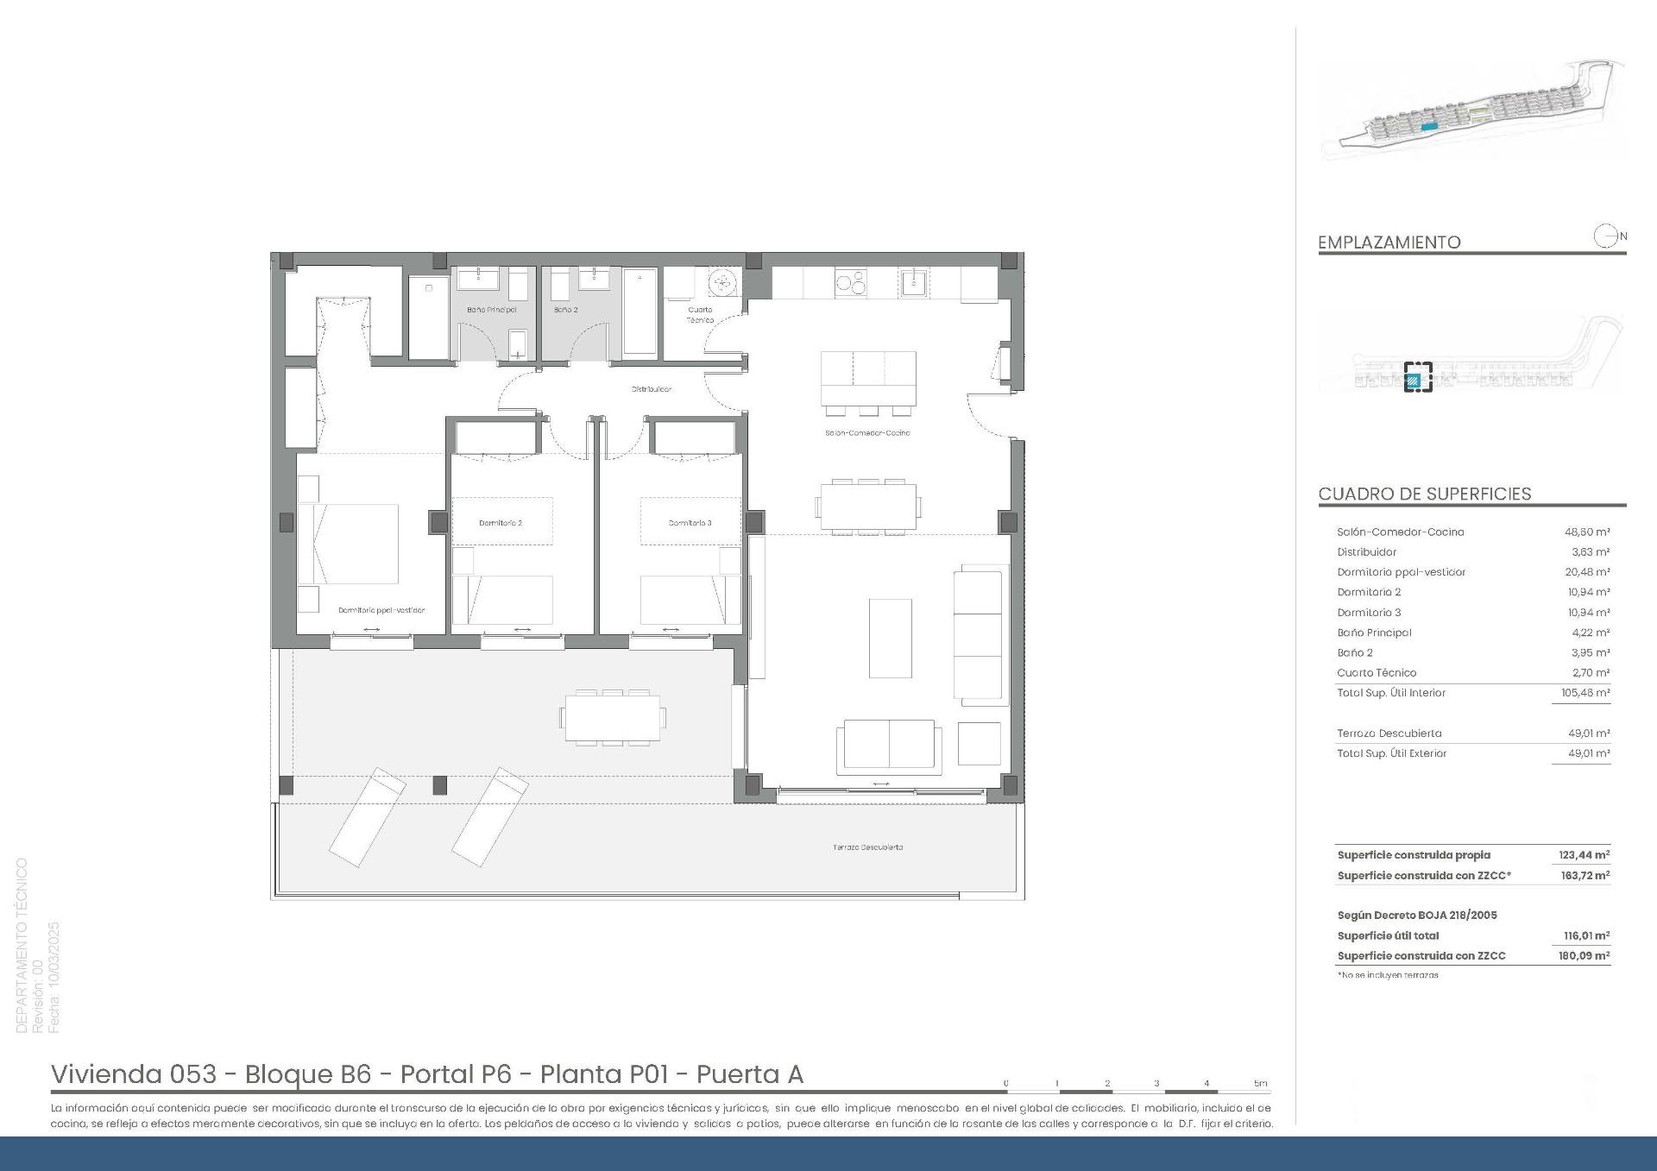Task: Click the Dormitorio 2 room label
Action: (x=501, y=523)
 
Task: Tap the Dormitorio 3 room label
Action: (x=690, y=523)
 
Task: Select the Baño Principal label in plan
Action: (x=491, y=310)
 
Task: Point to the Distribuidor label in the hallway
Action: (x=651, y=389)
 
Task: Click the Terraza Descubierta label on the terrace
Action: (x=867, y=847)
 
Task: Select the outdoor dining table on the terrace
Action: (x=613, y=717)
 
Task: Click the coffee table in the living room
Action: (x=890, y=639)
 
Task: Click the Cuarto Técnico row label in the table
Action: (x=1377, y=673)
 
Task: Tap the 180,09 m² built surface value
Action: (x=1585, y=956)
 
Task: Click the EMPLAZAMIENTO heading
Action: (x=1389, y=242)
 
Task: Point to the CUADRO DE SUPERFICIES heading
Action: (x=1424, y=494)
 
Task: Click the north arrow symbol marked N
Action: (x=1607, y=236)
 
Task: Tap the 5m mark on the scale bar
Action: (x=1261, y=1084)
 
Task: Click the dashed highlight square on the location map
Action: (x=1417, y=377)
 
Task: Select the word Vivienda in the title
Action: (x=107, y=1074)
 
